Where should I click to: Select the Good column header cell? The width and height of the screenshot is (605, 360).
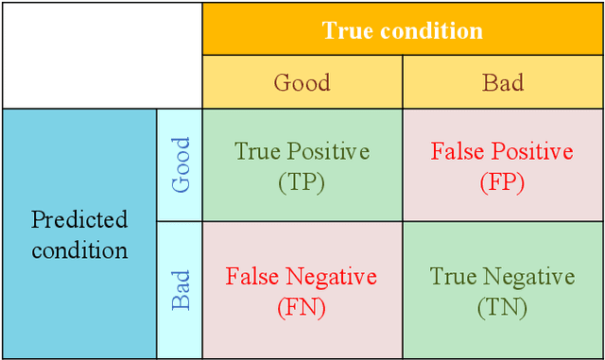pos(302,82)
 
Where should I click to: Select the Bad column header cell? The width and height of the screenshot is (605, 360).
pos(503,82)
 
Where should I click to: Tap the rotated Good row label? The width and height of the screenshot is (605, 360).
pos(180,165)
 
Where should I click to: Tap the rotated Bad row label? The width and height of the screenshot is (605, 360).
pos(180,290)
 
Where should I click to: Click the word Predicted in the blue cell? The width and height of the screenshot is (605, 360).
pos(79,220)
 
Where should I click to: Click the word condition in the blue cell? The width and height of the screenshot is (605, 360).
pos(79,250)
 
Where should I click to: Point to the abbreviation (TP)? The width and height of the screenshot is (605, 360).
pos(302,182)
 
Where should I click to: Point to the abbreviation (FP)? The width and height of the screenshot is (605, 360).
pos(502,182)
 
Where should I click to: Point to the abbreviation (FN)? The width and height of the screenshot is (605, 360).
pos(302,307)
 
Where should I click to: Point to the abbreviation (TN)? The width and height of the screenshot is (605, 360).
pos(502,307)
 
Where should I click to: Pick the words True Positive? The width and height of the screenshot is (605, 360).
pos(302,151)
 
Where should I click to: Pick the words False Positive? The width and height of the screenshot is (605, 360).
pos(502,151)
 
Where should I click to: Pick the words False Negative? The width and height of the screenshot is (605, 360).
pos(302,277)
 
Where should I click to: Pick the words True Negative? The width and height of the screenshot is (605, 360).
pos(502,277)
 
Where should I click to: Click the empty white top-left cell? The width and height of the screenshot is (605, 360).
pos(101,54)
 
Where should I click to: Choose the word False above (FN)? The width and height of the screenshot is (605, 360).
pos(251,277)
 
